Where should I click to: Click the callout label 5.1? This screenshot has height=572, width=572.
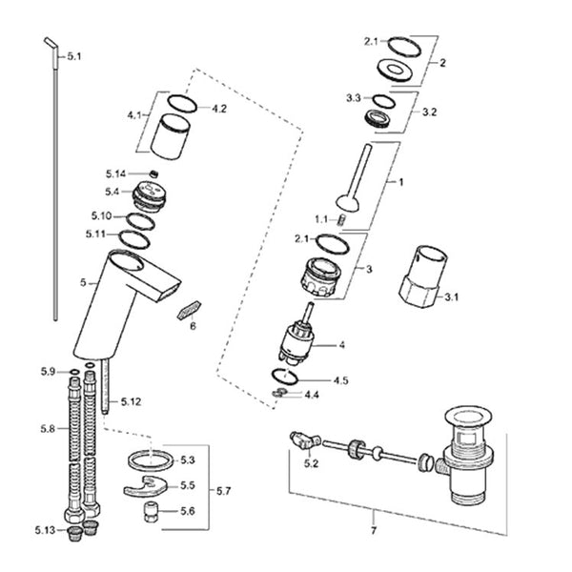coord(74,56)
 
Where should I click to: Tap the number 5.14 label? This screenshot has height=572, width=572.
coord(115,174)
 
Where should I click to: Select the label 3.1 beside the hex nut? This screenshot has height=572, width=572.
coord(451,296)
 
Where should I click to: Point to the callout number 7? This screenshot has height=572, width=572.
coord(373,530)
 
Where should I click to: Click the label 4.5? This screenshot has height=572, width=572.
coord(340,380)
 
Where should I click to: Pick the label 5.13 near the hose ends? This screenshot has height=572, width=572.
coord(45,530)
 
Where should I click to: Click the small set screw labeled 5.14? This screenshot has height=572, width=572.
coord(154,174)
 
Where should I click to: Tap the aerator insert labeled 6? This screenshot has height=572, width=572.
coord(189,310)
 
